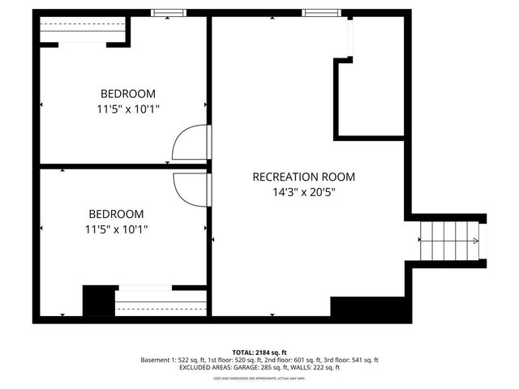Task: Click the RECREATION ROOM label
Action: tap(303, 177)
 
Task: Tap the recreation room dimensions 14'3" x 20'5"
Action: tap(303, 193)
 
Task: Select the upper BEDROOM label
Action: tap(127, 94)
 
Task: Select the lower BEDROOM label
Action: tap(116, 214)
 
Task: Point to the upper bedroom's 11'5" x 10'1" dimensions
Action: tap(127, 109)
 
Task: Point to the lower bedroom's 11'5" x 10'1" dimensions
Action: tap(116, 229)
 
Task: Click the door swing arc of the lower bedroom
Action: tap(189, 187)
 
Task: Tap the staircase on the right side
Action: tap(448, 242)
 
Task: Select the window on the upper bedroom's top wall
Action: tap(169, 13)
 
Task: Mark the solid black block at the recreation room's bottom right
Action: tap(367, 308)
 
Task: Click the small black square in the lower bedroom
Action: tap(98, 301)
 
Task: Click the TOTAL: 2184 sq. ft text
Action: tap(259, 353)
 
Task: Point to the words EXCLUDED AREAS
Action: tap(204, 368)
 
